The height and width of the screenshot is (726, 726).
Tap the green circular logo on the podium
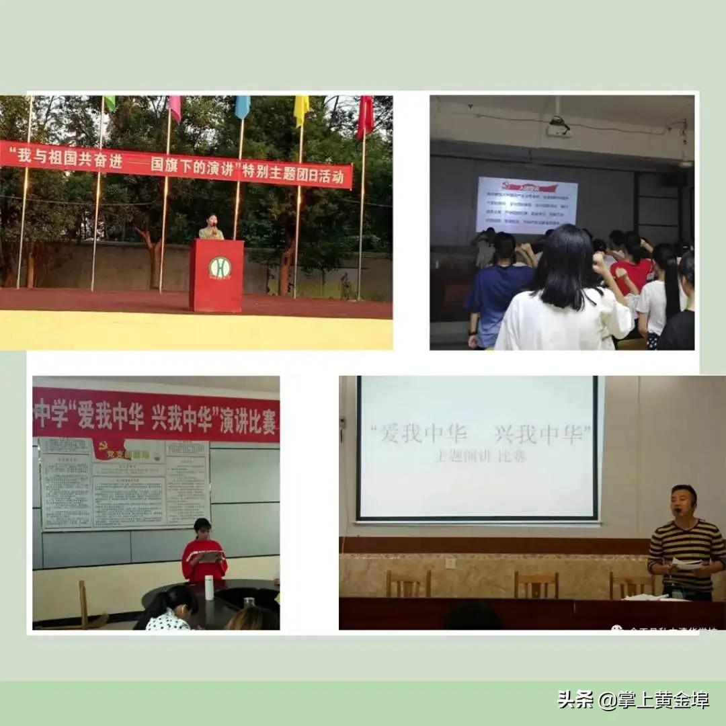[219, 268]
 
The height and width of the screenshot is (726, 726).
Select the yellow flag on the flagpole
[302, 108]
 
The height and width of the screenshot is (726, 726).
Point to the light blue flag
[243, 106]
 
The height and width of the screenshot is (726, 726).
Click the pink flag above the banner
[175, 108]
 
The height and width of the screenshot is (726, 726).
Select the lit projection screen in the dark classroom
[526, 204]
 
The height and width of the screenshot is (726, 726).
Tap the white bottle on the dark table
[209, 588]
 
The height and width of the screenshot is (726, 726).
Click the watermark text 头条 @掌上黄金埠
[633, 700]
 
